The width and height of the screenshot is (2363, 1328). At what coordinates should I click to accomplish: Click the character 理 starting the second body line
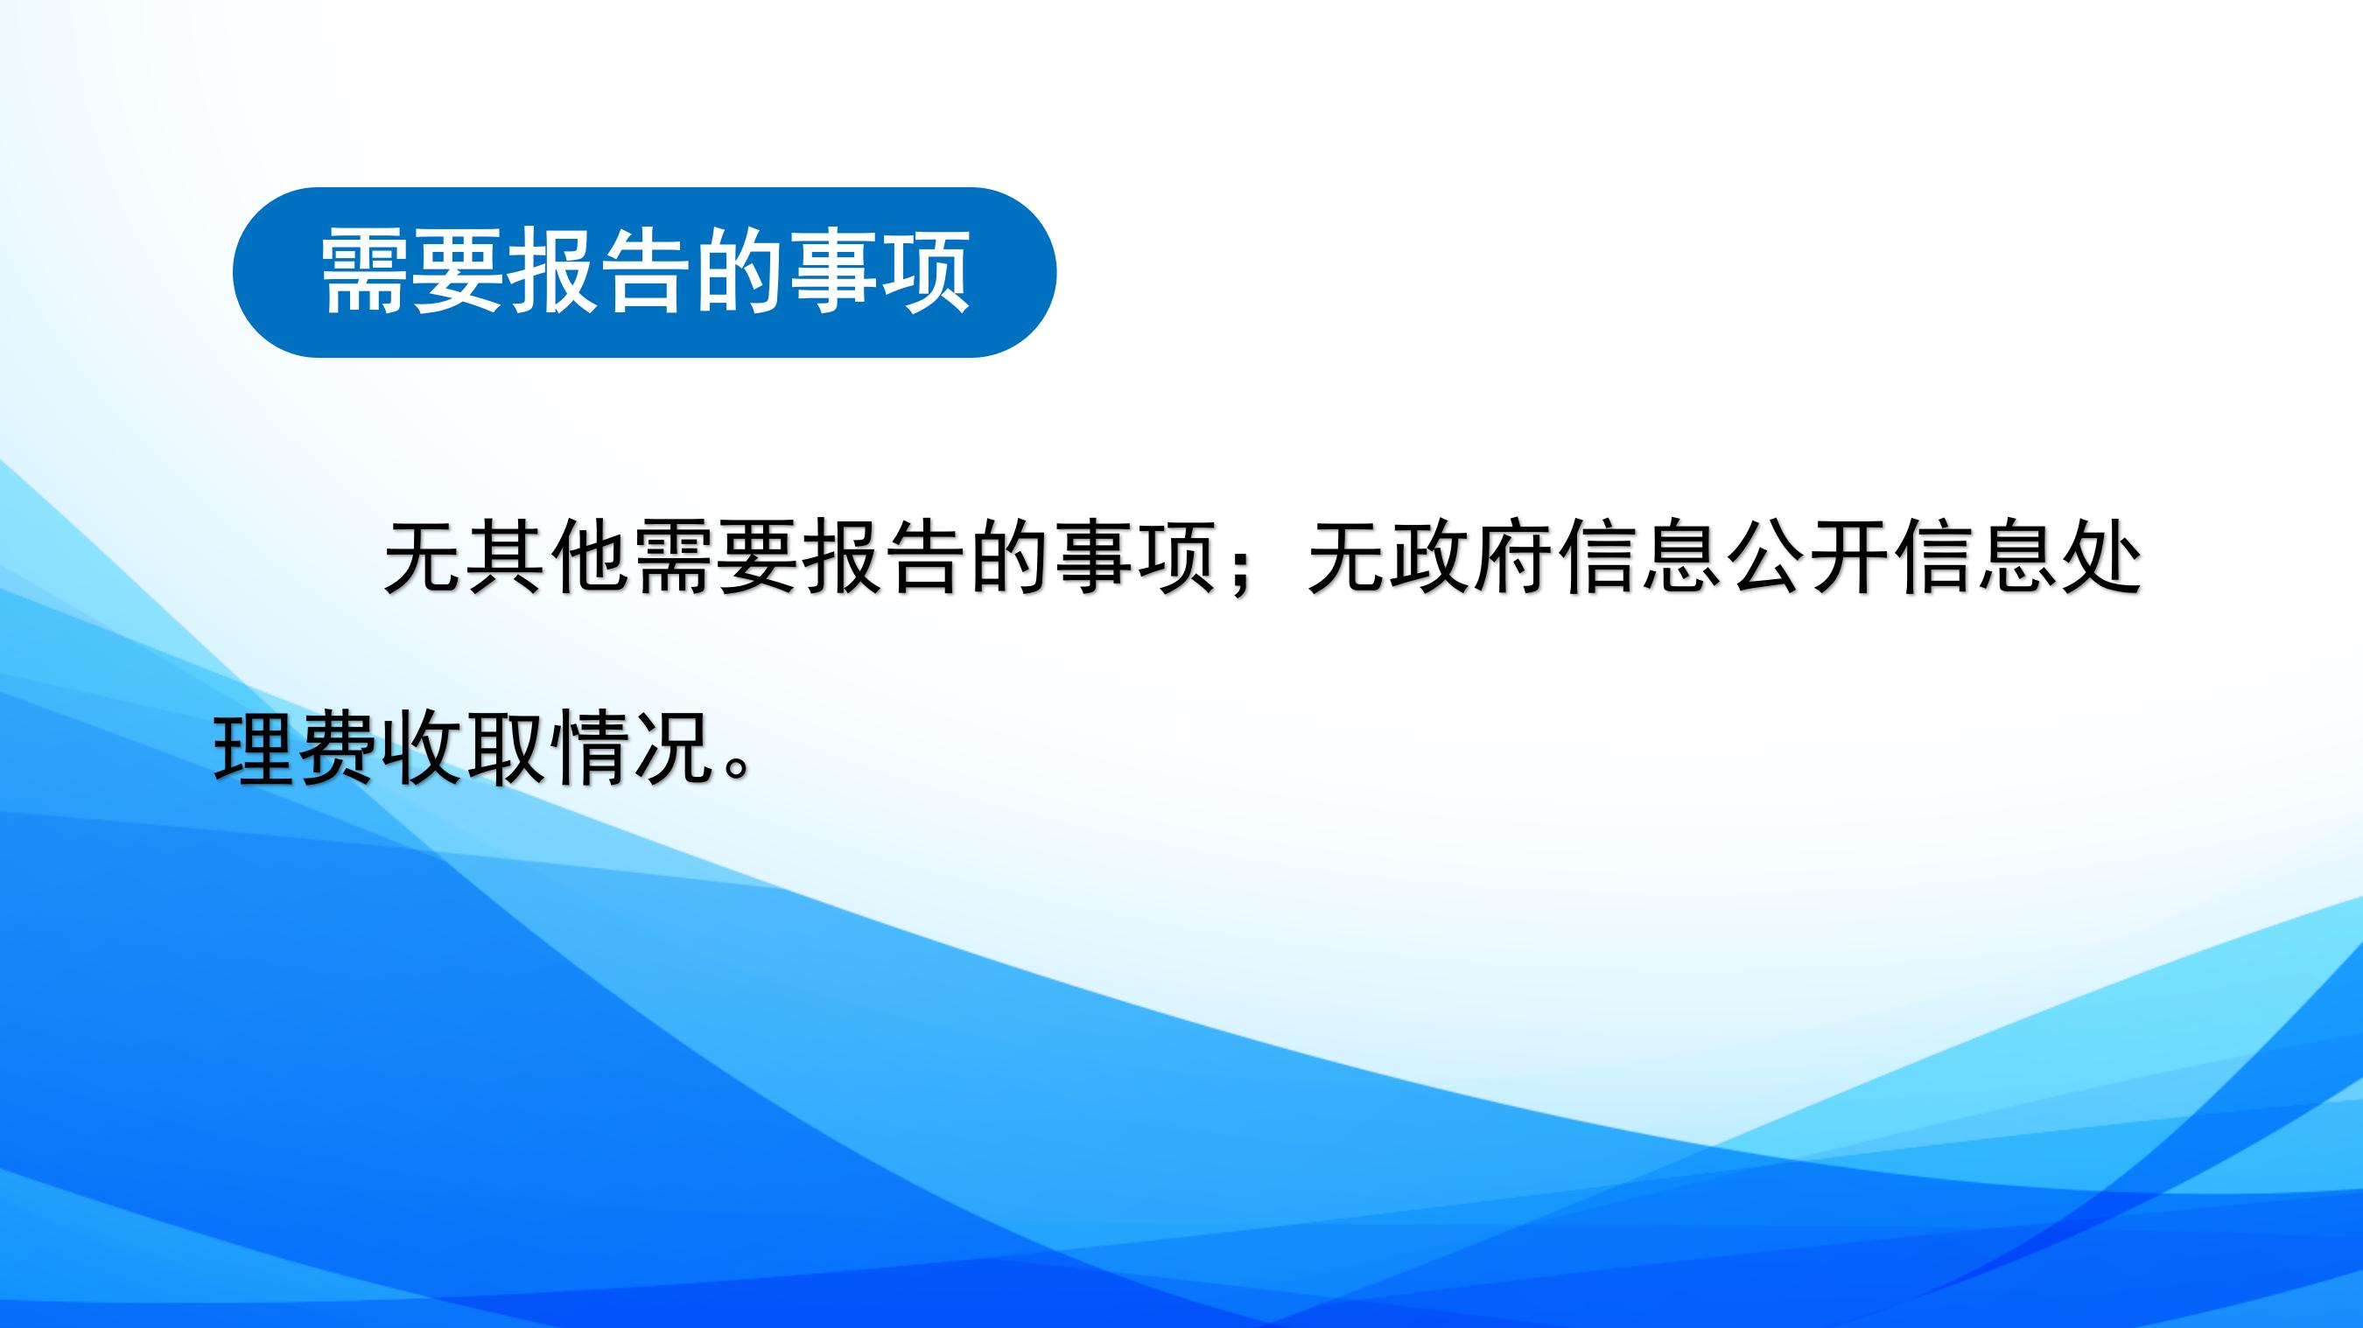pos(253,748)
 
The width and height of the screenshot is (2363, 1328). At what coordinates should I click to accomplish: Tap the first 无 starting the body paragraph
pos(423,558)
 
